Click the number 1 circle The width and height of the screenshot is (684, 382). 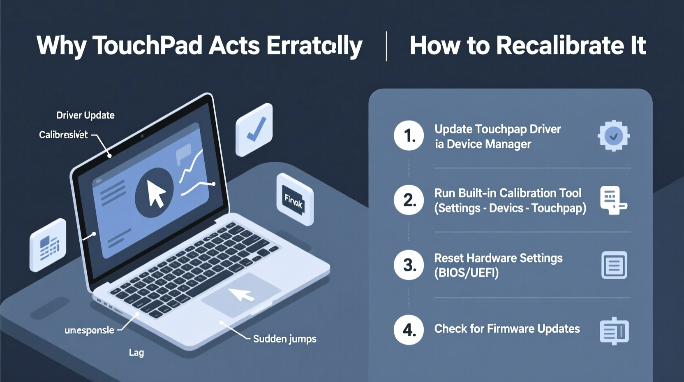409,135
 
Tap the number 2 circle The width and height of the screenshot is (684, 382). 409,200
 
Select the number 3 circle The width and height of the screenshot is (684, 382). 409,265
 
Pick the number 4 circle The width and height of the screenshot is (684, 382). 409,330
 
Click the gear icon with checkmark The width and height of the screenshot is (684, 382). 613,136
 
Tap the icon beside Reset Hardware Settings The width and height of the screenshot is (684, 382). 614,265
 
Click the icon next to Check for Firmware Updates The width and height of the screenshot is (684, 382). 614,331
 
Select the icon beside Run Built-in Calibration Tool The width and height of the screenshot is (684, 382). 612,200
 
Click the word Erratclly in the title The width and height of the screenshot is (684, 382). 314,45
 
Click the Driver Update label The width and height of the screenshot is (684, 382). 85,115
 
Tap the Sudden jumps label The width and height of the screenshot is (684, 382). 284,339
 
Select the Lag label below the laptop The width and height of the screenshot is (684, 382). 136,352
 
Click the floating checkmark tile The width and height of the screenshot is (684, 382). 254,130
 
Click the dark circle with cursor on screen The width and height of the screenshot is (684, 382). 154,193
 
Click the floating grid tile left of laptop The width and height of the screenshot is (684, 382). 49,246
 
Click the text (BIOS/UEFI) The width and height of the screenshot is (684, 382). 466,273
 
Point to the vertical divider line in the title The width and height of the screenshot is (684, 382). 386,46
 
